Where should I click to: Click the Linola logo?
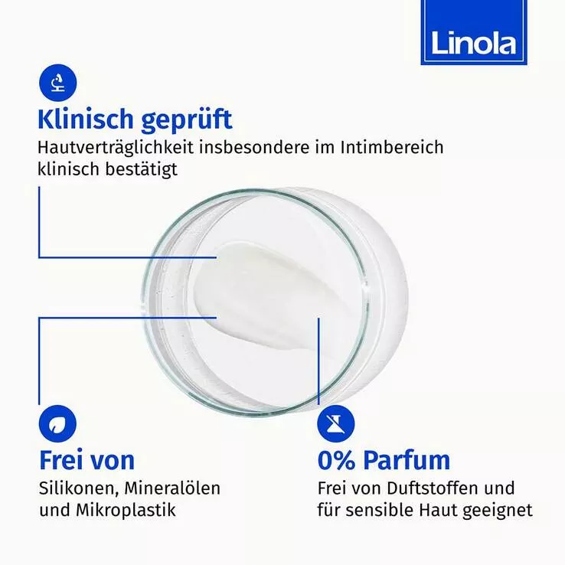(474, 32)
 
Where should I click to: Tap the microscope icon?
(57, 83)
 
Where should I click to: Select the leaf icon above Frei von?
(57, 424)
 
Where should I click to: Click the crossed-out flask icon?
(336, 424)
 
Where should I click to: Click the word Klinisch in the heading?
(86, 119)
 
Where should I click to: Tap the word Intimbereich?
(392, 147)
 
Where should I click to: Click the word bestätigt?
(141, 169)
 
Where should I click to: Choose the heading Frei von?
(87, 460)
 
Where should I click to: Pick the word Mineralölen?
(172, 488)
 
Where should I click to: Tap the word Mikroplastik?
(126, 510)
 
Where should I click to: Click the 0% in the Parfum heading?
(336, 460)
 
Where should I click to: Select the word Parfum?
(407, 460)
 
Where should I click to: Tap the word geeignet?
(498, 511)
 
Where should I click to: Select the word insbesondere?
(254, 147)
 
